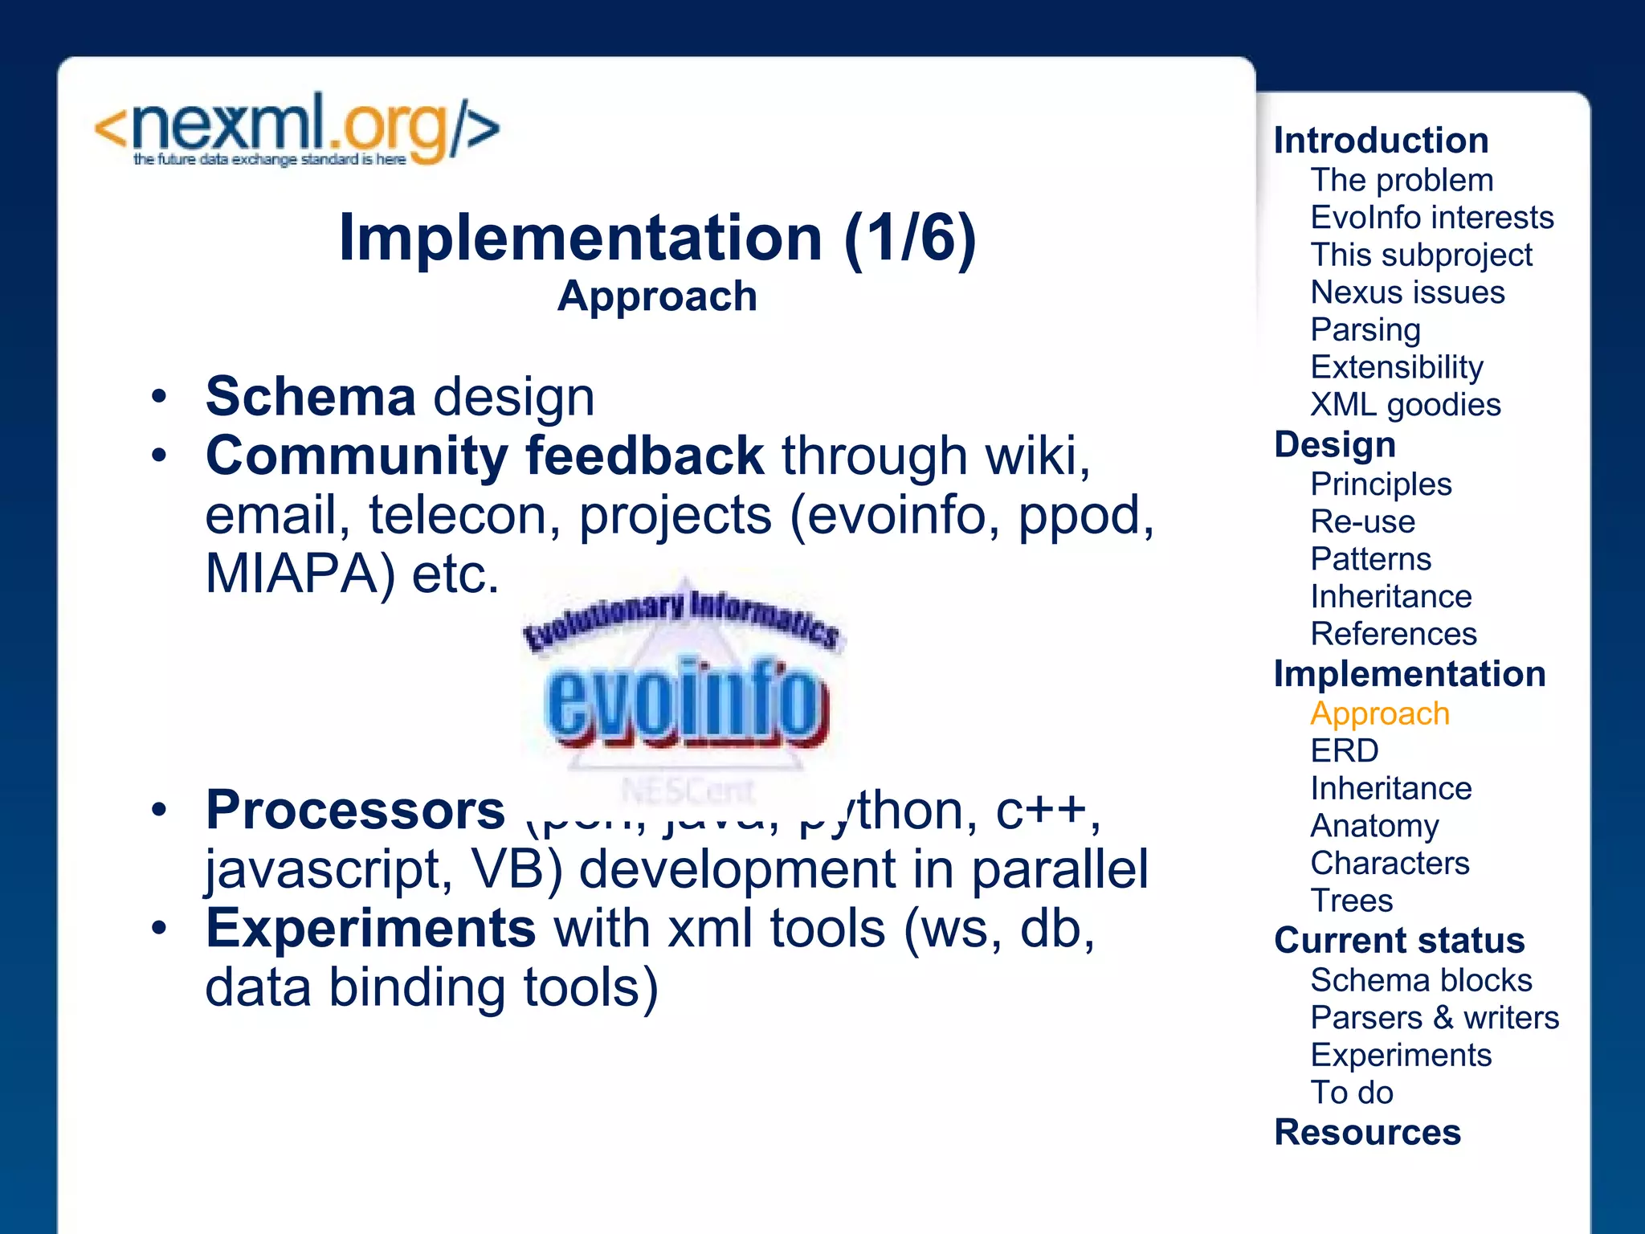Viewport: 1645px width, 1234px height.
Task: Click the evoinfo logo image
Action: pyautogui.click(x=683, y=683)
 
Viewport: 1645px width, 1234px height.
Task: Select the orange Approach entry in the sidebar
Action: pyautogui.click(x=1379, y=713)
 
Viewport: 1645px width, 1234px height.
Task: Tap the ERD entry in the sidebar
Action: pyautogui.click(x=1344, y=751)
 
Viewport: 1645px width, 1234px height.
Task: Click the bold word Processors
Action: pyautogui.click(x=355, y=809)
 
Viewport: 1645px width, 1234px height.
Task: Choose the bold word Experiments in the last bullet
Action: pyautogui.click(x=370, y=928)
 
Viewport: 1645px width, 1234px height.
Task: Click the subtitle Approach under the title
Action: pyautogui.click(x=657, y=296)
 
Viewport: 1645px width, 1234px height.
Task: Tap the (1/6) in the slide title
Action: pyautogui.click(x=909, y=238)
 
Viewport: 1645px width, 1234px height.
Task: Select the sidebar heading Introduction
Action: pyautogui.click(x=1381, y=141)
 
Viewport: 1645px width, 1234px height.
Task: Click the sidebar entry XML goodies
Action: pyautogui.click(x=1405, y=405)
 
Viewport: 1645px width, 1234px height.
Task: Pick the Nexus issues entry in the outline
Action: pyautogui.click(x=1407, y=292)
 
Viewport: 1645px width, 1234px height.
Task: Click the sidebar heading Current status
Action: pyautogui.click(x=1398, y=941)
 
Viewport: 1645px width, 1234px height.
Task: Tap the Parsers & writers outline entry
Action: pyautogui.click(x=1434, y=1018)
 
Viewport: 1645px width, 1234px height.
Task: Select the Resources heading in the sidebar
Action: pyautogui.click(x=1367, y=1133)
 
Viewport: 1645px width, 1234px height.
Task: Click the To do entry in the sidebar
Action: pyautogui.click(x=1351, y=1093)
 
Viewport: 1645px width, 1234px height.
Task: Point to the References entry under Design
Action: pyautogui.click(x=1393, y=635)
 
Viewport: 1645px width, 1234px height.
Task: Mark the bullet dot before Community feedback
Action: pyautogui.click(x=160, y=456)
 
